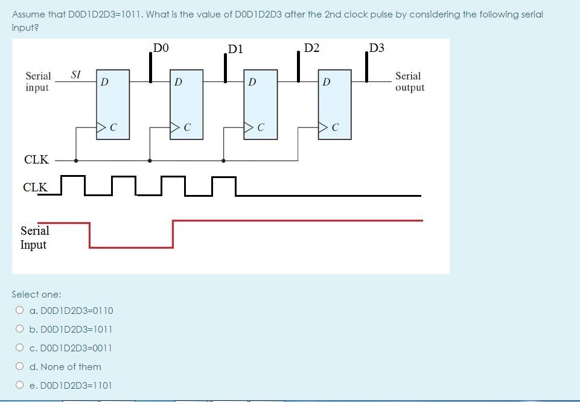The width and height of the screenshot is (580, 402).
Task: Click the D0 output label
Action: point(161,47)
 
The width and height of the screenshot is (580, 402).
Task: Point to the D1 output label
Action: point(235,49)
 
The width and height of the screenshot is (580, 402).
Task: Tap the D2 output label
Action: point(312,47)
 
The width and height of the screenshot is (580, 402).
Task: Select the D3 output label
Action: point(377,48)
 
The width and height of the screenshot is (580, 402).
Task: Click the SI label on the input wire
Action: point(76,75)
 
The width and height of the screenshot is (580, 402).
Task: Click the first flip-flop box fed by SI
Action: point(113,104)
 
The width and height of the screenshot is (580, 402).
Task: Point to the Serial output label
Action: point(410,82)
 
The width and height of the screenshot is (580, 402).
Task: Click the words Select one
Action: point(37,295)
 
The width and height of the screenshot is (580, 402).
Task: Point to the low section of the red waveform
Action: point(131,246)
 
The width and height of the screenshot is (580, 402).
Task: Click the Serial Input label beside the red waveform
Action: point(34,237)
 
